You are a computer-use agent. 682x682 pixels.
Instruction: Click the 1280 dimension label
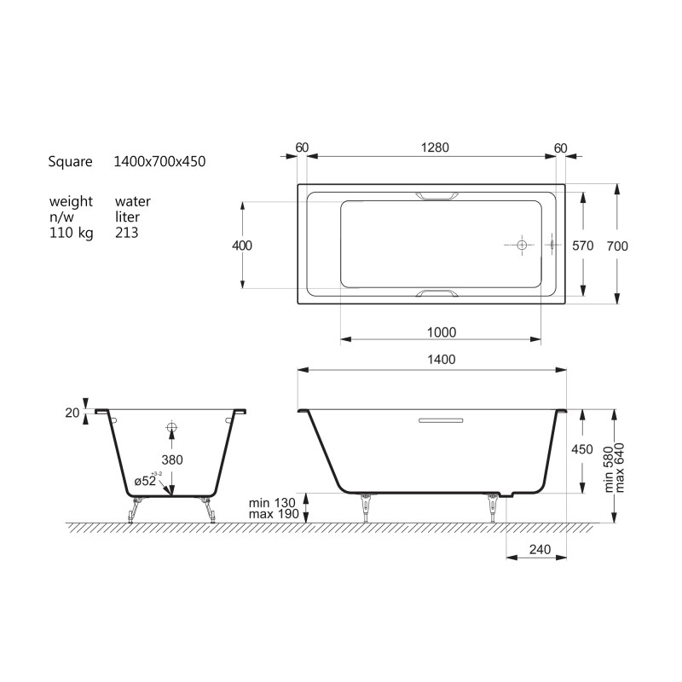pos(435,147)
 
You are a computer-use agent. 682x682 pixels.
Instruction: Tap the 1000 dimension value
pos(442,332)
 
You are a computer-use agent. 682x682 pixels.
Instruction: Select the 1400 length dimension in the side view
pos(442,359)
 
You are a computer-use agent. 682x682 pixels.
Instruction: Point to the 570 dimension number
pos(583,246)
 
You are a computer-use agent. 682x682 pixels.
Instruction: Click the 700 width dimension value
pos(617,246)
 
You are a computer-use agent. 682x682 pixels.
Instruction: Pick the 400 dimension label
pos(242,246)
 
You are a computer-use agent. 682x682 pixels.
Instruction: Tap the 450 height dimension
pos(582,449)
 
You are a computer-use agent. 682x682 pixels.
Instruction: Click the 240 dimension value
pos(540,549)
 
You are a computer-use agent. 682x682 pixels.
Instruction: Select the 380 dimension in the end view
pos(172,459)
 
